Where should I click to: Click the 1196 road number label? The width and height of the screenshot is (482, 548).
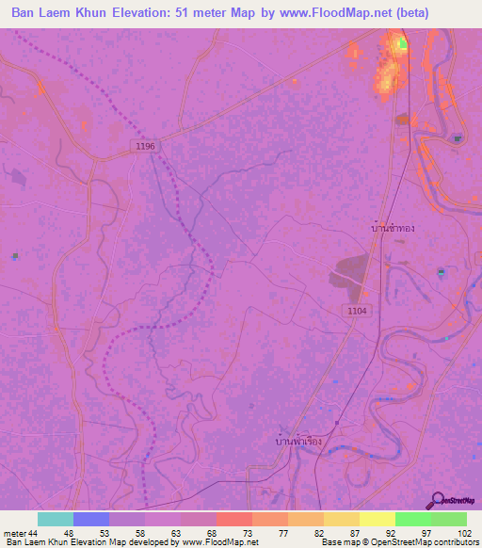[144, 146]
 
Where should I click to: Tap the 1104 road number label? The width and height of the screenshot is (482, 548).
[357, 310]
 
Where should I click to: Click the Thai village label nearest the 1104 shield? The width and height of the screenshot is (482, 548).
[393, 228]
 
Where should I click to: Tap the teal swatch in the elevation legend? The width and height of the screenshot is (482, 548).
[56, 519]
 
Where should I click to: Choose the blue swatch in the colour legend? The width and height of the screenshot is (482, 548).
[91, 519]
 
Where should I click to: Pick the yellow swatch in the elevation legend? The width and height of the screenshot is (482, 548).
[378, 519]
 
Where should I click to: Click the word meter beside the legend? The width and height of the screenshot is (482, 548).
[14, 532]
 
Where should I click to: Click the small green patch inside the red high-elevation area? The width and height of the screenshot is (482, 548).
[404, 43]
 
